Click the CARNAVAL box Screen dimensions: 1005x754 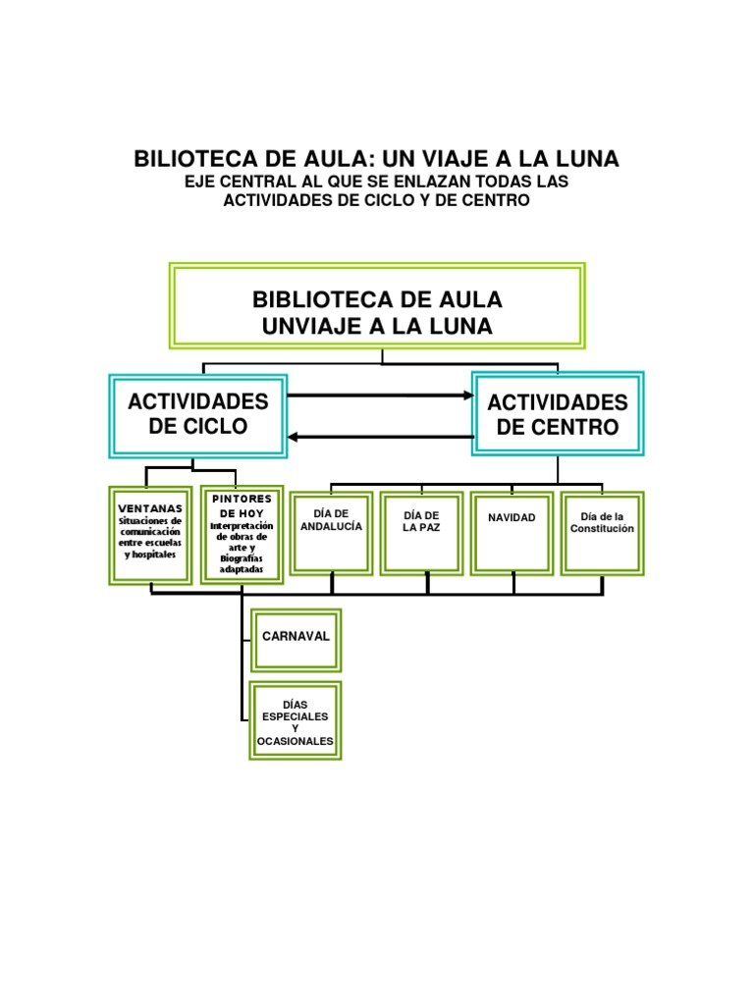(x=296, y=636)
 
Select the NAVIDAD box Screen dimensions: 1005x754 (x=513, y=532)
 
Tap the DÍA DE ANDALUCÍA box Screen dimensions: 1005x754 (x=332, y=532)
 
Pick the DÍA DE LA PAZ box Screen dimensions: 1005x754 (x=421, y=532)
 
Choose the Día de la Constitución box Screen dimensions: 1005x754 (x=602, y=532)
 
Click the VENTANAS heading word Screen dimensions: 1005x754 (x=150, y=508)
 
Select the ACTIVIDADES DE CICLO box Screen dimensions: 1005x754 (x=198, y=414)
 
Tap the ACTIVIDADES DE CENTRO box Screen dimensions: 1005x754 (x=558, y=414)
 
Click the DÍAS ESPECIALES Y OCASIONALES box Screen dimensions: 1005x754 (x=295, y=721)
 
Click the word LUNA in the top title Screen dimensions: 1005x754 (x=586, y=159)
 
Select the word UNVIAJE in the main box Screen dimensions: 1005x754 (x=310, y=326)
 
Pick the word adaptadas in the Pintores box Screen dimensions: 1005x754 (x=242, y=569)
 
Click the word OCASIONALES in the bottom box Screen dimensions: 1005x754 (x=295, y=741)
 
